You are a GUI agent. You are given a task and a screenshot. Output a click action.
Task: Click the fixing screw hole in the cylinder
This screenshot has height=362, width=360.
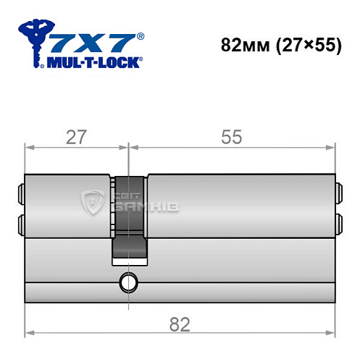coord(129,281)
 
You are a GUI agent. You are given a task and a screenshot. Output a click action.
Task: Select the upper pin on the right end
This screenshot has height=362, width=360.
coord(337,193)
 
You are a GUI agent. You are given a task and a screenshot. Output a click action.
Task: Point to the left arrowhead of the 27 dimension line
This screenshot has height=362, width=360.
coord(29,147)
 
